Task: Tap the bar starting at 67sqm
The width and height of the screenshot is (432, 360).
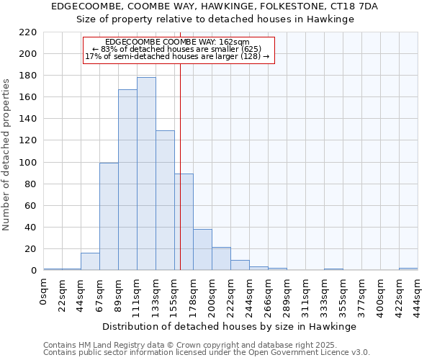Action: (x=109, y=216)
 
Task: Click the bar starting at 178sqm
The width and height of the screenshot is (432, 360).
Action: (x=202, y=249)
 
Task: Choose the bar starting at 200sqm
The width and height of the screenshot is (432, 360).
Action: (x=221, y=258)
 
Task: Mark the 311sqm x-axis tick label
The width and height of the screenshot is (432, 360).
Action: (x=305, y=292)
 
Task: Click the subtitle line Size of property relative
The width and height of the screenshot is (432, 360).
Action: (x=215, y=19)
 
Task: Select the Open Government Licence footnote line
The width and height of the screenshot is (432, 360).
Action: (x=207, y=352)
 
